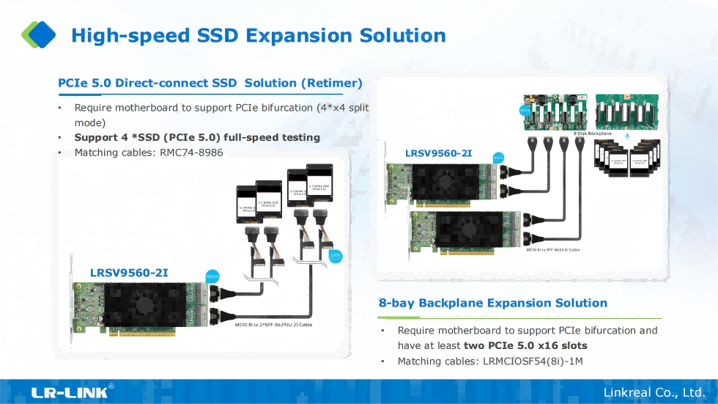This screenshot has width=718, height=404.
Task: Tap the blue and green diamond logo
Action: [x=39, y=34]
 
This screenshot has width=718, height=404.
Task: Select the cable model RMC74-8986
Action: [x=191, y=153]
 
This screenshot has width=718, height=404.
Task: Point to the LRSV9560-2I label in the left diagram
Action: [x=129, y=273]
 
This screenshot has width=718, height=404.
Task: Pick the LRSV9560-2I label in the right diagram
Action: [x=438, y=153]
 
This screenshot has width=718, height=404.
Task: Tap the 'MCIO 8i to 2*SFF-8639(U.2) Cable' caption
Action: [x=274, y=324]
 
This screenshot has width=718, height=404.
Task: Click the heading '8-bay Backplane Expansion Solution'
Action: [x=493, y=303]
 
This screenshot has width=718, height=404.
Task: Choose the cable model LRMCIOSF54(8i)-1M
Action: [x=533, y=361]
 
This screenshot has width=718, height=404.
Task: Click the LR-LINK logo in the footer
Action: [x=70, y=392]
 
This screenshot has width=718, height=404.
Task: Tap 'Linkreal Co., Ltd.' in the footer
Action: [x=654, y=393]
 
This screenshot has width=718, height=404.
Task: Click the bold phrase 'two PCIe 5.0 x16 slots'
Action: [x=525, y=345]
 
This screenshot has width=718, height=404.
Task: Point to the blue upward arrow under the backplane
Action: [x=626, y=136]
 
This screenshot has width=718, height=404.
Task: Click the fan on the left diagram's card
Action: [x=144, y=303]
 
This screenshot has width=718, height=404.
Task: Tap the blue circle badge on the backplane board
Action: [x=525, y=111]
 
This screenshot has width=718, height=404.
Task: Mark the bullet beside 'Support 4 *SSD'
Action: [x=60, y=138]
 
